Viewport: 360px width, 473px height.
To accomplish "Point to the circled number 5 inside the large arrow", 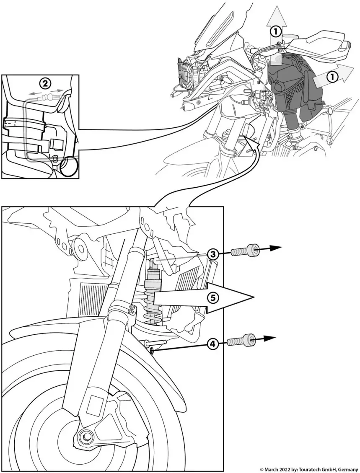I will [213, 297].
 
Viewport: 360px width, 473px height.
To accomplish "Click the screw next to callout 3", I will [245, 252].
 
